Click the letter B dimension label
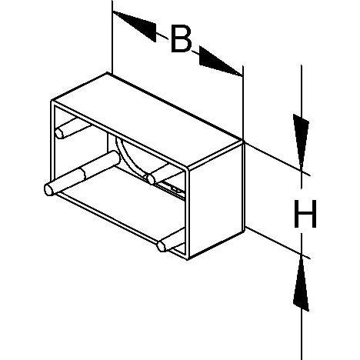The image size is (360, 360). (182, 38)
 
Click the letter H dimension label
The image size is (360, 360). (305, 214)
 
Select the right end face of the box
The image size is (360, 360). (216, 200)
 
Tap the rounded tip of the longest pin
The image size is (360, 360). (48, 190)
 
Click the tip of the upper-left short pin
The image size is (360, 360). (59, 133)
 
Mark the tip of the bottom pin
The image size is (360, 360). (162, 246)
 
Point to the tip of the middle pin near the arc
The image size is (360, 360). (152, 179)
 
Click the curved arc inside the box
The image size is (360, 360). (128, 160)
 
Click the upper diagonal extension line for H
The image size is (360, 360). (277, 158)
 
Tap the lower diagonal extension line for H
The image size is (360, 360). (278, 242)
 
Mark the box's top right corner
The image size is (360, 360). (243, 141)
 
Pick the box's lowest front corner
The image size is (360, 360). (188, 259)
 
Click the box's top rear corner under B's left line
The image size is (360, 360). (108, 73)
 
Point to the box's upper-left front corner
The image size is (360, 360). (52, 101)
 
